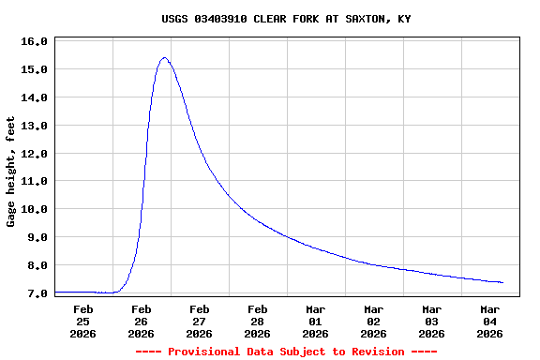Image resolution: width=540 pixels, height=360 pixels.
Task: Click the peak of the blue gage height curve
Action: [165, 57]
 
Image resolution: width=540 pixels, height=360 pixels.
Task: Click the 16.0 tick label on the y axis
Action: [34, 41]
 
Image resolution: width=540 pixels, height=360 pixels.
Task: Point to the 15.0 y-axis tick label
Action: [34, 69]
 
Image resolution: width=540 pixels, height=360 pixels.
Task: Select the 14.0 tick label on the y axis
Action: [34, 97]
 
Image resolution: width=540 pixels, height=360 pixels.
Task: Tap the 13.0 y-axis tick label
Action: [34, 126]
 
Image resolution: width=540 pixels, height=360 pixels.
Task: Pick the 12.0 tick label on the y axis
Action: [34, 154]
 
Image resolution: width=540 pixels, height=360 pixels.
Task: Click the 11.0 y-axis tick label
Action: [34, 181]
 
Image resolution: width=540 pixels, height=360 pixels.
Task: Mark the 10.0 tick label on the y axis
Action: [34, 209]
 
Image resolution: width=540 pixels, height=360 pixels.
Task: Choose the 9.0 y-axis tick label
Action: [37, 237]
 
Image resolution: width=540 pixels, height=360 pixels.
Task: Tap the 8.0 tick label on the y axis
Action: [37, 265]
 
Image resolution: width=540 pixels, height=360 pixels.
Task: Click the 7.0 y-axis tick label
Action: [37, 293]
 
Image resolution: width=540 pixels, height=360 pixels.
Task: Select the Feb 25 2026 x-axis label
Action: [82, 321]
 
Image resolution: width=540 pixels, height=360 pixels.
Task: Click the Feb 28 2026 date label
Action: [257, 321]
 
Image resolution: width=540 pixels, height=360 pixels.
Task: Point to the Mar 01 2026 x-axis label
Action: [315, 321]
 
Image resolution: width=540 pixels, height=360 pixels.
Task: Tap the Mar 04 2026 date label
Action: [489, 321]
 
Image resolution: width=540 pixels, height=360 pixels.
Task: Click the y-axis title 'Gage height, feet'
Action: [11, 172]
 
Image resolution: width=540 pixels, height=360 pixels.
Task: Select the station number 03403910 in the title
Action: [223, 19]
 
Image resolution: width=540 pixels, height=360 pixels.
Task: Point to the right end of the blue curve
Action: [502, 282]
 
